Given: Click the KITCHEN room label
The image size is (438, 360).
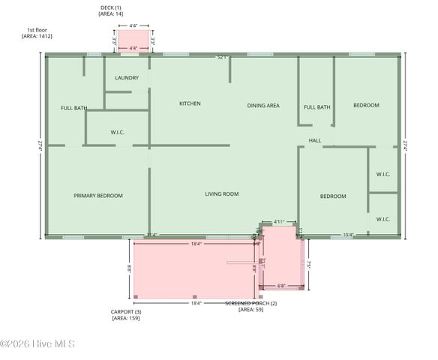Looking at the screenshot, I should coord(189,103).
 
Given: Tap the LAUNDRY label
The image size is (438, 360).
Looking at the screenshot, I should coord(126,78).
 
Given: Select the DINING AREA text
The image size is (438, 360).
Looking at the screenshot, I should coord(263,106).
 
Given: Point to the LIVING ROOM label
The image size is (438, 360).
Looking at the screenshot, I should coord(221,194).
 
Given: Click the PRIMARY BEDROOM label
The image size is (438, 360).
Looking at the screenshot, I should coord(98,196).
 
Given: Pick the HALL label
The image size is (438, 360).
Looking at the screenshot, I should coord(315,140).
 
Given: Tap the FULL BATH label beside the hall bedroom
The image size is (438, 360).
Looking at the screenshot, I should coord(316,107).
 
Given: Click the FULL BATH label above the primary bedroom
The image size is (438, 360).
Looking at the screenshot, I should coord(74,108).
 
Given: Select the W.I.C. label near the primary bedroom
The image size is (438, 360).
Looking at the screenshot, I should coord(117,133).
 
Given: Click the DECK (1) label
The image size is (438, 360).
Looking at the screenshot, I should coord(112,7).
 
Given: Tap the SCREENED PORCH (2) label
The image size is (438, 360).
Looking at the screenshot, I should coord(251,303).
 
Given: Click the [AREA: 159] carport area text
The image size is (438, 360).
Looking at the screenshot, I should coord(125,318).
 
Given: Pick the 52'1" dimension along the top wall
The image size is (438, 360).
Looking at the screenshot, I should coord(222,57).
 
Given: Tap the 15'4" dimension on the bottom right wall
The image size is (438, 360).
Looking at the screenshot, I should coord(348,235).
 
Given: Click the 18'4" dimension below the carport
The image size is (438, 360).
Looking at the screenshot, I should coord(196,303).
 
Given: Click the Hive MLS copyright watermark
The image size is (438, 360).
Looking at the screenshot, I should coord(37,344).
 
